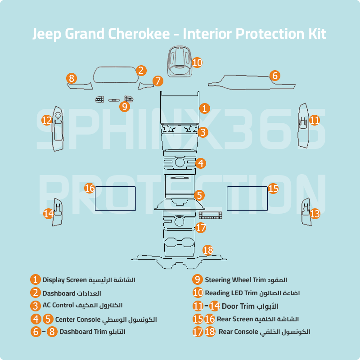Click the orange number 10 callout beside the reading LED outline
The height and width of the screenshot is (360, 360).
197,63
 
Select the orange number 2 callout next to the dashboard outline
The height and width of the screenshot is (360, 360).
141,70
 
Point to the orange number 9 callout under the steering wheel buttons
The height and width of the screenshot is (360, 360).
125,107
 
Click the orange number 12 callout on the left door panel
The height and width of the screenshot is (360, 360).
47,120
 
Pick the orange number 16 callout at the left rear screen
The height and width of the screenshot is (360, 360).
90,188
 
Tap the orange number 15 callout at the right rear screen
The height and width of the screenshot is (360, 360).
273,188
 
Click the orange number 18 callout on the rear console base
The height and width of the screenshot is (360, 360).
207,250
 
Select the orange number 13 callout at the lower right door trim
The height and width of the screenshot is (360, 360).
315,213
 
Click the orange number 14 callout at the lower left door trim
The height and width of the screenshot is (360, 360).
49,213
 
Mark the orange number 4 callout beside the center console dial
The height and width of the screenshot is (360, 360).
201,163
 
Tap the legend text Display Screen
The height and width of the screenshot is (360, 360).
64,280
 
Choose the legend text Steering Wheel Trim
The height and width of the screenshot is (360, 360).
231,280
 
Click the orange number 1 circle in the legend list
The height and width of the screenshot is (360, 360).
36,280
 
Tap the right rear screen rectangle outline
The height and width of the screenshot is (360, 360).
247,198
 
